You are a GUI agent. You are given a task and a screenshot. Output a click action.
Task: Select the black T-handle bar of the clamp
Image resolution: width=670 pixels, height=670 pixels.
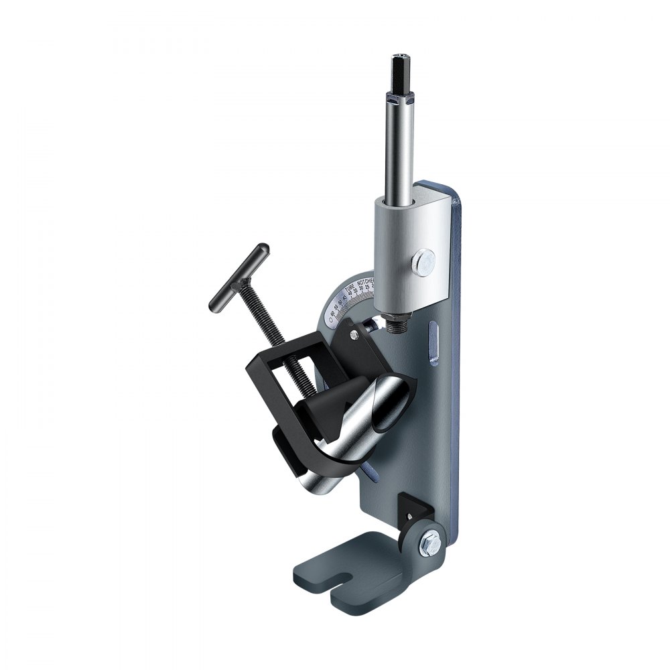click(x=239, y=277)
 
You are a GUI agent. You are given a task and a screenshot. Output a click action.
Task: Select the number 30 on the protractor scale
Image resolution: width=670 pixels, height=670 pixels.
click(x=361, y=287)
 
